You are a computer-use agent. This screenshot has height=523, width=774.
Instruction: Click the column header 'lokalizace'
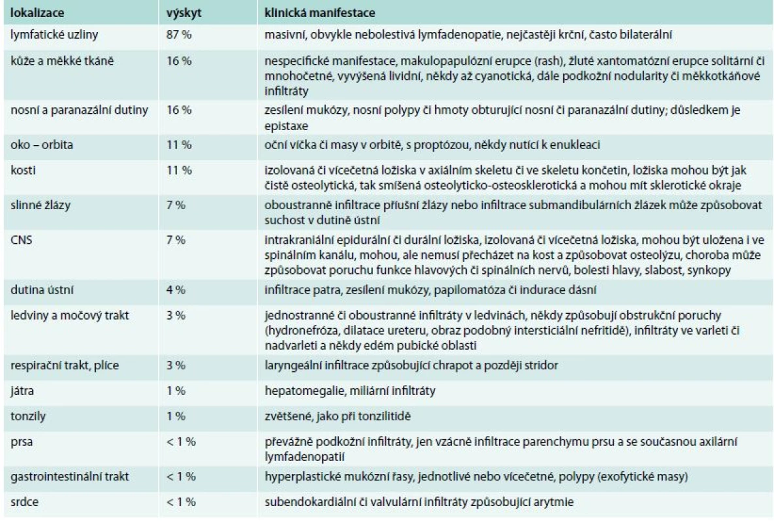(x=37, y=12)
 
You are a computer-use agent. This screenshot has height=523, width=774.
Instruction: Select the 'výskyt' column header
(x=184, y=13)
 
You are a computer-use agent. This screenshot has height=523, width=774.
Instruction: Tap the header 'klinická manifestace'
(x=320, y=12)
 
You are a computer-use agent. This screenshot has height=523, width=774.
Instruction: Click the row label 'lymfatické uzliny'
(x=54, y=35)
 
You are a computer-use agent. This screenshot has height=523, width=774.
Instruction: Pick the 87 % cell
(x=179, y=35)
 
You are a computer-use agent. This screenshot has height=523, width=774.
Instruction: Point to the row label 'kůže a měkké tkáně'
(x=61, y=61)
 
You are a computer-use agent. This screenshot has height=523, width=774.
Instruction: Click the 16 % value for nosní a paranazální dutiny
(x=179, y=110)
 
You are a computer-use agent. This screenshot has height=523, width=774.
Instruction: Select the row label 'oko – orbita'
(x=41, y=144)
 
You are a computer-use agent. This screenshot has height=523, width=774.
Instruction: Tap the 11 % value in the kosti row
(x=179, y=171)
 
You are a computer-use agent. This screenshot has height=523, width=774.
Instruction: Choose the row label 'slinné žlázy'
(x=40, y=205)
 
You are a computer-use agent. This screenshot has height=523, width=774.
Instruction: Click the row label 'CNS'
(x=21, y=240)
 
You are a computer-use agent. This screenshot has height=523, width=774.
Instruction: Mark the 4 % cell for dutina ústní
(x=176, y=290)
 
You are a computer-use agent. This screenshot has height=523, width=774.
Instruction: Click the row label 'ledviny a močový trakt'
(x=70, y=315)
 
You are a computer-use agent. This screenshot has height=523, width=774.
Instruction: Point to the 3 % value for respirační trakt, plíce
(x=176, y=365)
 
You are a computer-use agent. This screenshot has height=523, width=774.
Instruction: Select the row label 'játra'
(x=22, y=391)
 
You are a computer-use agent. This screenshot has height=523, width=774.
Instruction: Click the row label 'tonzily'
(x=27, y=416)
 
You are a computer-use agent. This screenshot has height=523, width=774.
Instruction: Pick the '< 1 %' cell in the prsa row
(x=181, y=441)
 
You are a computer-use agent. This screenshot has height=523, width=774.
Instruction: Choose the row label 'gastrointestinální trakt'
(x=70, y=477)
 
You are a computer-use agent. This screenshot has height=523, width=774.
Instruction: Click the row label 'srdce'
(x=24, y=502)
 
